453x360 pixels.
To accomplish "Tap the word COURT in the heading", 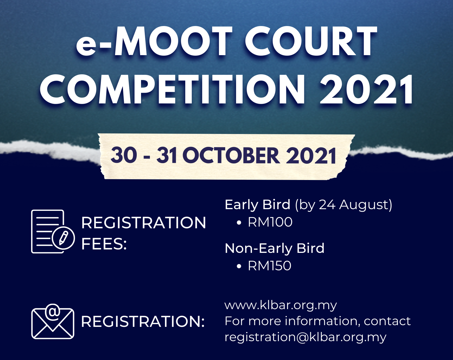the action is (x=311, y=41).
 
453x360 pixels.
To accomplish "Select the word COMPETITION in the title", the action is (x=172, y=89).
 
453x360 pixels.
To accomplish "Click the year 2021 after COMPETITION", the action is (x=367, y=89).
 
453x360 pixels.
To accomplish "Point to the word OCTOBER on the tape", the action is (x=231, y=156).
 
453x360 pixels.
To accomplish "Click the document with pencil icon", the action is (x=53, y=231).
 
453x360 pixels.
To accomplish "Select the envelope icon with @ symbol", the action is (x=53, y=321).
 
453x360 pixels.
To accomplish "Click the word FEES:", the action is (x=104, y=244).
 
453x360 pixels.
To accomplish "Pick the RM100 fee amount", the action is (x=270, y=222).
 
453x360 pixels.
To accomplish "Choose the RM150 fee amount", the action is (x=270, y=266).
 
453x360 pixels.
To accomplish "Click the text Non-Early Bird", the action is (x=275, y=248).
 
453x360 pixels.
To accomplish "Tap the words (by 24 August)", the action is (x=344, y=205).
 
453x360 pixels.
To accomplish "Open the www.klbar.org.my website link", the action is (x=281, y=305).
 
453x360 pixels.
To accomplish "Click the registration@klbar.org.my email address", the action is (x=305, y=337).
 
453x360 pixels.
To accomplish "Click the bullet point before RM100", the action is (x=239, y=222).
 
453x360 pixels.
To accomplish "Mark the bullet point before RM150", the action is (x=239, y=266).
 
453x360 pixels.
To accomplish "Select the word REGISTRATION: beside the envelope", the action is (x=143, y=322).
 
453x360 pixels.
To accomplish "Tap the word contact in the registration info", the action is (x=387, y=321).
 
